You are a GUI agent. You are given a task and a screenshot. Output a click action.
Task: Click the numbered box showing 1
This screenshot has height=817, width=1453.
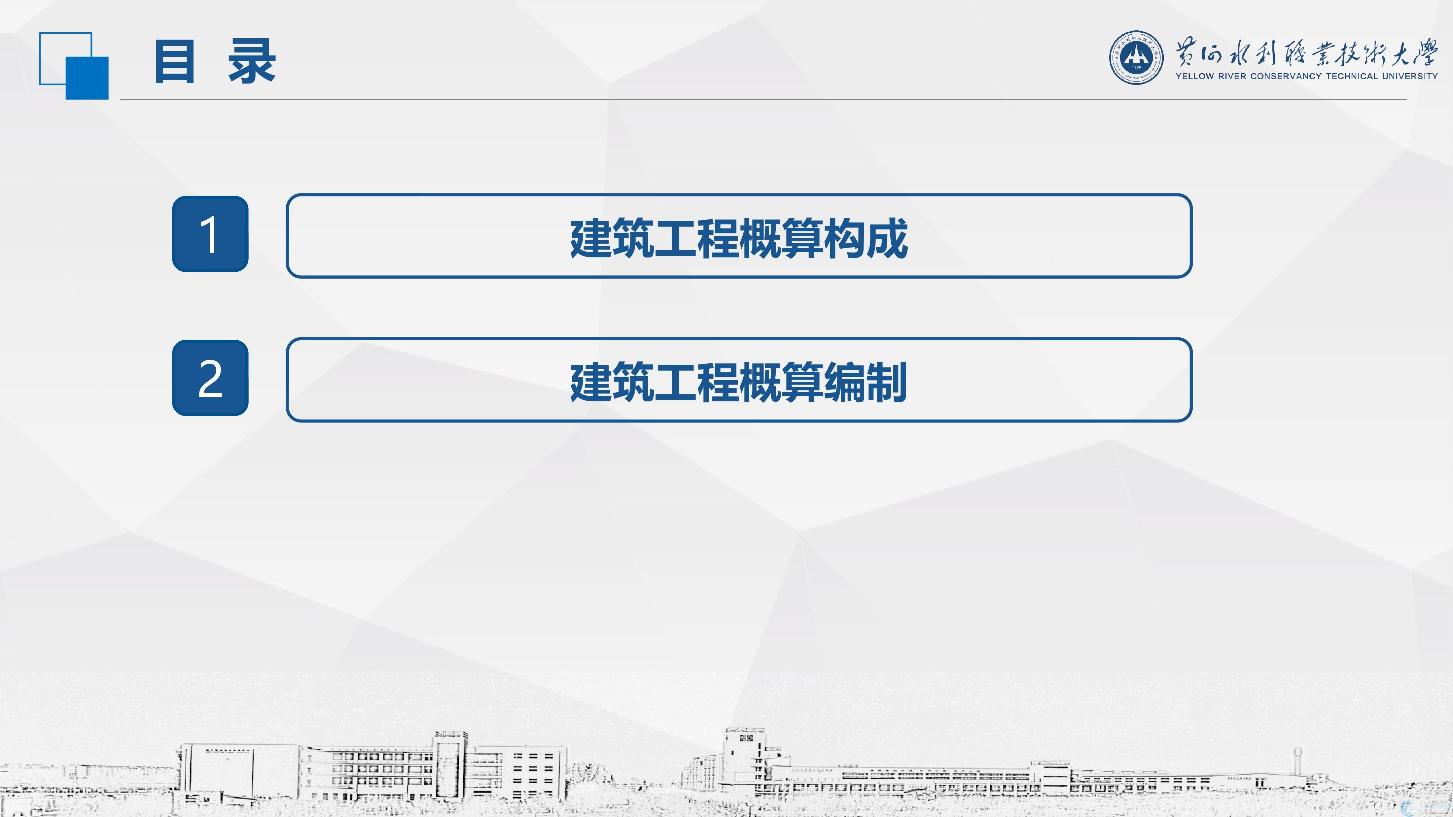[x=210, y=234]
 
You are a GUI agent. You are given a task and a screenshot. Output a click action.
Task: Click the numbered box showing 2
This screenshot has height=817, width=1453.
[x=210, y=378]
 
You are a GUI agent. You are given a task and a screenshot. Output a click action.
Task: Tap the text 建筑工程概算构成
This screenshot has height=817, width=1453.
[x=739, y=238]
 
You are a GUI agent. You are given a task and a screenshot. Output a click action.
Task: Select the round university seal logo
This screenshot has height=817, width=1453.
[x=1136, y=57]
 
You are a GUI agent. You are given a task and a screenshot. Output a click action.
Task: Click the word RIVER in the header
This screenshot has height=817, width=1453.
[x=1231, y=76]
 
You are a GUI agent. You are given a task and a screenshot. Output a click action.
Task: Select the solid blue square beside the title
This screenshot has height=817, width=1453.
[x=87, y=78]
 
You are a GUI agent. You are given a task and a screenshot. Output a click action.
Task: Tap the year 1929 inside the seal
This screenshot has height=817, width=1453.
[x=1136, y=67]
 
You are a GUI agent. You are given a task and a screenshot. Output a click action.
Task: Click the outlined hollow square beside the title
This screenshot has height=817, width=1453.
[x=65, y=34]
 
